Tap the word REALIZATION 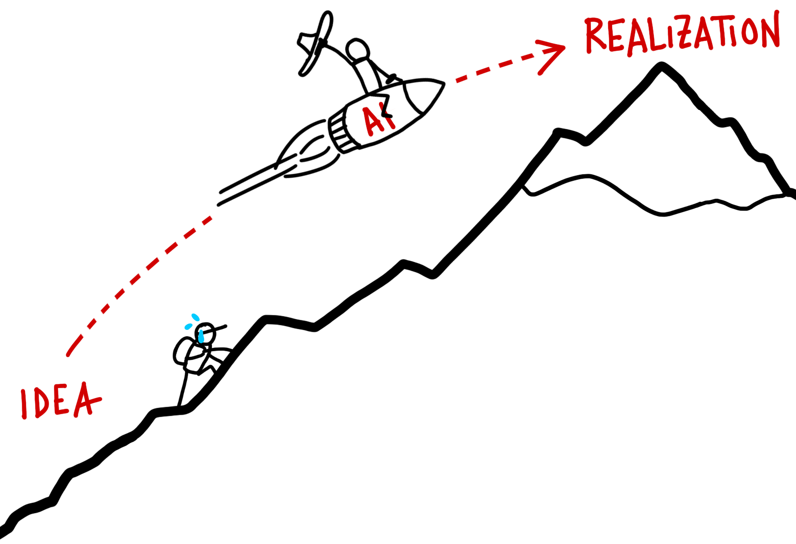pyautogui.click(x=682, y=34)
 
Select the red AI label pyautogui.click(x=379, y=119)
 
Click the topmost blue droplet pyautogui.click(x=196, y=317)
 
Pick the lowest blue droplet pyautogui.click(x=201, y=337)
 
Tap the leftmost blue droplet pyautogui.click(x=188, y=326)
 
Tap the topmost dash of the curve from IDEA pyautogui.click(x=207, y=219)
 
